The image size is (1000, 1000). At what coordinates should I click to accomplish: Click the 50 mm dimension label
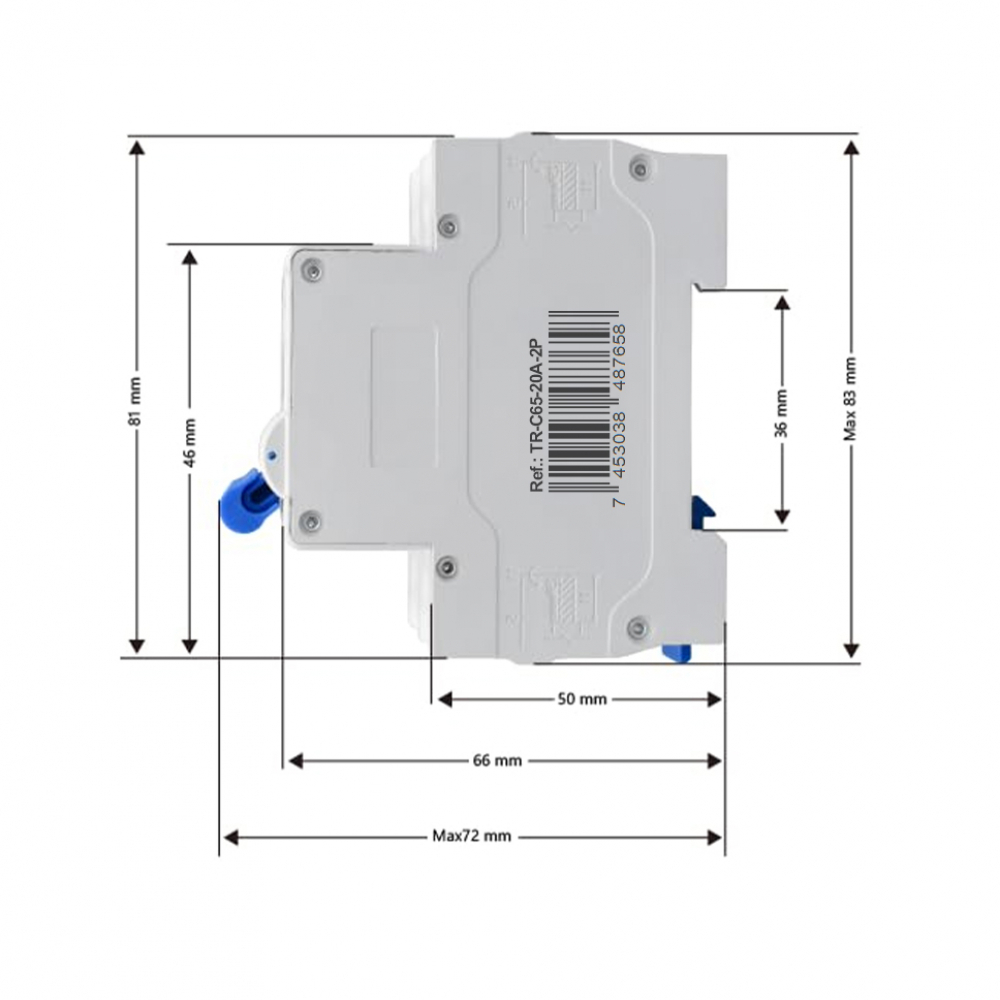[x=581, y=700]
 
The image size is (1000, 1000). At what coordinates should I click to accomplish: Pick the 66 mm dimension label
[x=497, y=761]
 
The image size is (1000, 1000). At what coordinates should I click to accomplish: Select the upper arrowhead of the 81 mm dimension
[x=137, y=148]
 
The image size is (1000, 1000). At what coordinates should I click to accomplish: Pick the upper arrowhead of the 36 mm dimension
[x=782, y=301]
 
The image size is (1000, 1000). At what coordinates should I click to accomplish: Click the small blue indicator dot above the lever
[x=272, y=454]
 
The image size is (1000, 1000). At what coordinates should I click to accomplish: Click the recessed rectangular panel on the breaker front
[x=404, y=398]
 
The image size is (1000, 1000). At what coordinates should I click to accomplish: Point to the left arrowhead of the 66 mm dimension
[x=294, y=761]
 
